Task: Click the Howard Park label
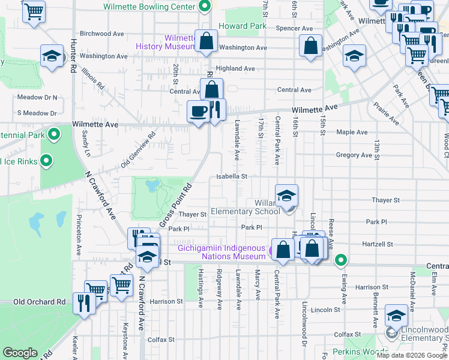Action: point(242,26)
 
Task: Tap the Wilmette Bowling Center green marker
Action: point(205,7)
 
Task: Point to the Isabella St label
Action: point(232,176)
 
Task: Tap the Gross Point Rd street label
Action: point(175,206)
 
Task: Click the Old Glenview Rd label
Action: point(138,150)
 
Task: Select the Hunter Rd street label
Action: point(73,53)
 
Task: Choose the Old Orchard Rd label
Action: point(39,302)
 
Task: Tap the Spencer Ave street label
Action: point(294,28)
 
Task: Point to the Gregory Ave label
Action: point(354,155)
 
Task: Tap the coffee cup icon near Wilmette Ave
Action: point(199,112)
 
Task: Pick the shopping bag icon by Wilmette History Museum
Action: point(206,41)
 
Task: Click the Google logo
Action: point(20,353)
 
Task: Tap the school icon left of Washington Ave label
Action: point(52,56)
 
